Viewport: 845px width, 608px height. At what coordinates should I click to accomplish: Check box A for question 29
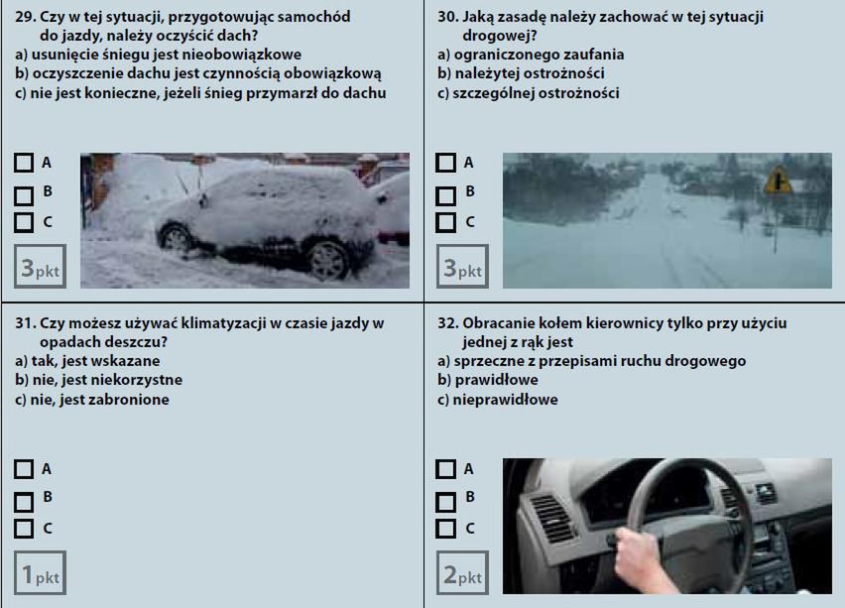(x=24, y=163)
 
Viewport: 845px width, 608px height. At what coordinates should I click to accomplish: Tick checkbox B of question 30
(x=445, y=196)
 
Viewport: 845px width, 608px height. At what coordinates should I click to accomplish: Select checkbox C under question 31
(x=24, y=529)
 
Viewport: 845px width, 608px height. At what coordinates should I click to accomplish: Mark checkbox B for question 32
(x=445, y=502)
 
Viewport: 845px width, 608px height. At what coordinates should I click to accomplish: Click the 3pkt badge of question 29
(x=40, y=266)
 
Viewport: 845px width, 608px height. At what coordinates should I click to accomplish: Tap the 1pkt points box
(x=40, y=572)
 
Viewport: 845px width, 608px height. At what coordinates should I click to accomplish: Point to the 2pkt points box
(x=462, y=572)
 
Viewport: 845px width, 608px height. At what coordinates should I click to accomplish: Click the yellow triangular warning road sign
(x=778, y=182)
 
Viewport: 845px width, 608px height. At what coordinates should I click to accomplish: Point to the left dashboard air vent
(x=550, y=518)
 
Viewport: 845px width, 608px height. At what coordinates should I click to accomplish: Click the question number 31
(x=26, y=323)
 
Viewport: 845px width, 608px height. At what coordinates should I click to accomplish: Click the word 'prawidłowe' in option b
(x=496, y=380)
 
